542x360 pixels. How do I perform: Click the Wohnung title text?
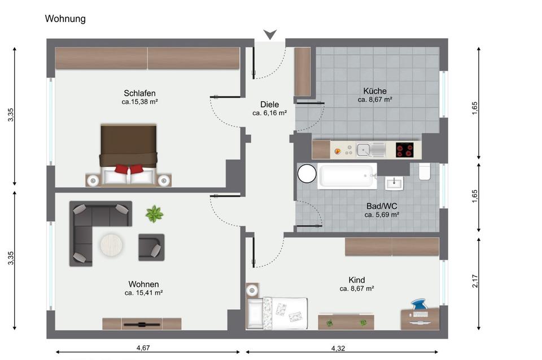coord(65,19)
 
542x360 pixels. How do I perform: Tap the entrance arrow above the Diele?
coord(270,34)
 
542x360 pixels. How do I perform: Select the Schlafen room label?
coord(139,93)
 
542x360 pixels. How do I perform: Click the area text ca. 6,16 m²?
coord(270,113)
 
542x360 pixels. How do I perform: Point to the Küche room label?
coord(375,91)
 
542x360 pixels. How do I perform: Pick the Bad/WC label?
coord(382,206)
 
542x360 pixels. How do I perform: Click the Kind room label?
coord(357,280)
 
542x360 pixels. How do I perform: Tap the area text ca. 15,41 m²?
coord(144,293)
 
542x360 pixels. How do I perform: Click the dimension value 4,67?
coord(143,348)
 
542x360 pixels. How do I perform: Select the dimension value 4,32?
coord(338,348)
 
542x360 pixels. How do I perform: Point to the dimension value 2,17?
coord(475,281)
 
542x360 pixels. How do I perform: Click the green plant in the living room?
coord(154,214)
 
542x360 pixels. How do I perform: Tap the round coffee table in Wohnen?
coord(111,245)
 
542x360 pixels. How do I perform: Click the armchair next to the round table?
coord(151,247)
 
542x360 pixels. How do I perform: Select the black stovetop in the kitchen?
coord(404,150)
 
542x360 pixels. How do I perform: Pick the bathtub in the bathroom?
coord(347,176)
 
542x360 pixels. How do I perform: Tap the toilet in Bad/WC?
coord(425,172)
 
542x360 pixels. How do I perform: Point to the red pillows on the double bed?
coord(129,169)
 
